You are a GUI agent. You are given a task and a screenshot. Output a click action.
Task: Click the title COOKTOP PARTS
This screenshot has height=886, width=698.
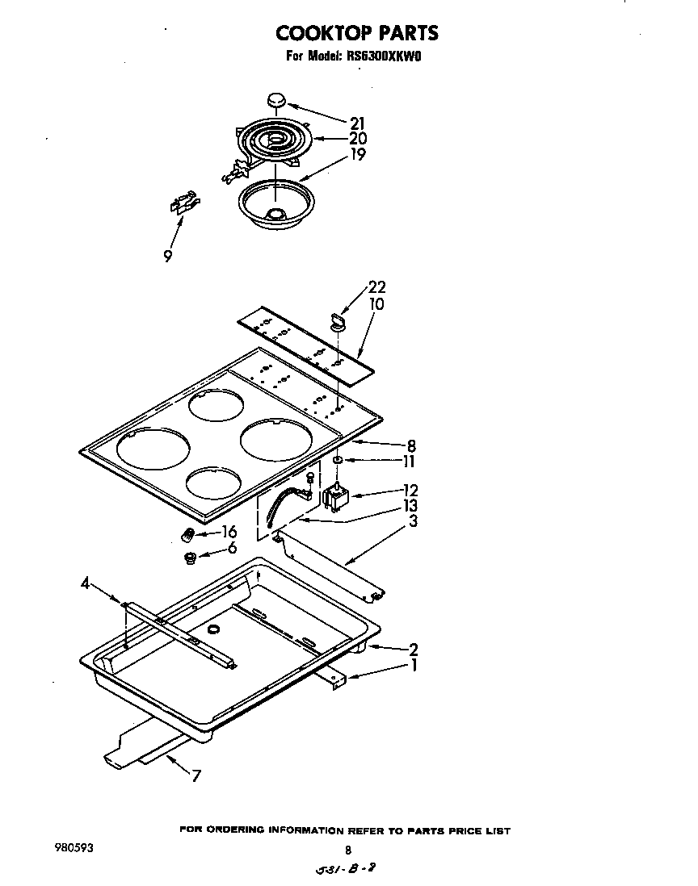[x=357, y=33]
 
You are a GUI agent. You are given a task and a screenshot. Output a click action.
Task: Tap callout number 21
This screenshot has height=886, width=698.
[x=357, y=123]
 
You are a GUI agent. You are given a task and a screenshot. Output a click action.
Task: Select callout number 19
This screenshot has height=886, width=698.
[x=357, y=153]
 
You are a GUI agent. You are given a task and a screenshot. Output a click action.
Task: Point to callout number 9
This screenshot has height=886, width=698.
[x=167, y=257]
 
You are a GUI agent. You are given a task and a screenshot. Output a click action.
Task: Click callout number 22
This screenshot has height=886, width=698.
[x=376, y=287]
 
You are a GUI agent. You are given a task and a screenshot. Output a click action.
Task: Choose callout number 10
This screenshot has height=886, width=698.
[x=376, y=304]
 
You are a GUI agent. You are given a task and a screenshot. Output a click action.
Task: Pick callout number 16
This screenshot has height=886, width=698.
[x=229, y=532]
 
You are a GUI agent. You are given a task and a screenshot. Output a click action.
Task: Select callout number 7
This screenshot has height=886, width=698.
[x=196, y=776]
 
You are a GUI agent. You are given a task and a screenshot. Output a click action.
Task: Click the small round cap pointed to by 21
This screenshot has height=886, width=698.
[x=275, y=100]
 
